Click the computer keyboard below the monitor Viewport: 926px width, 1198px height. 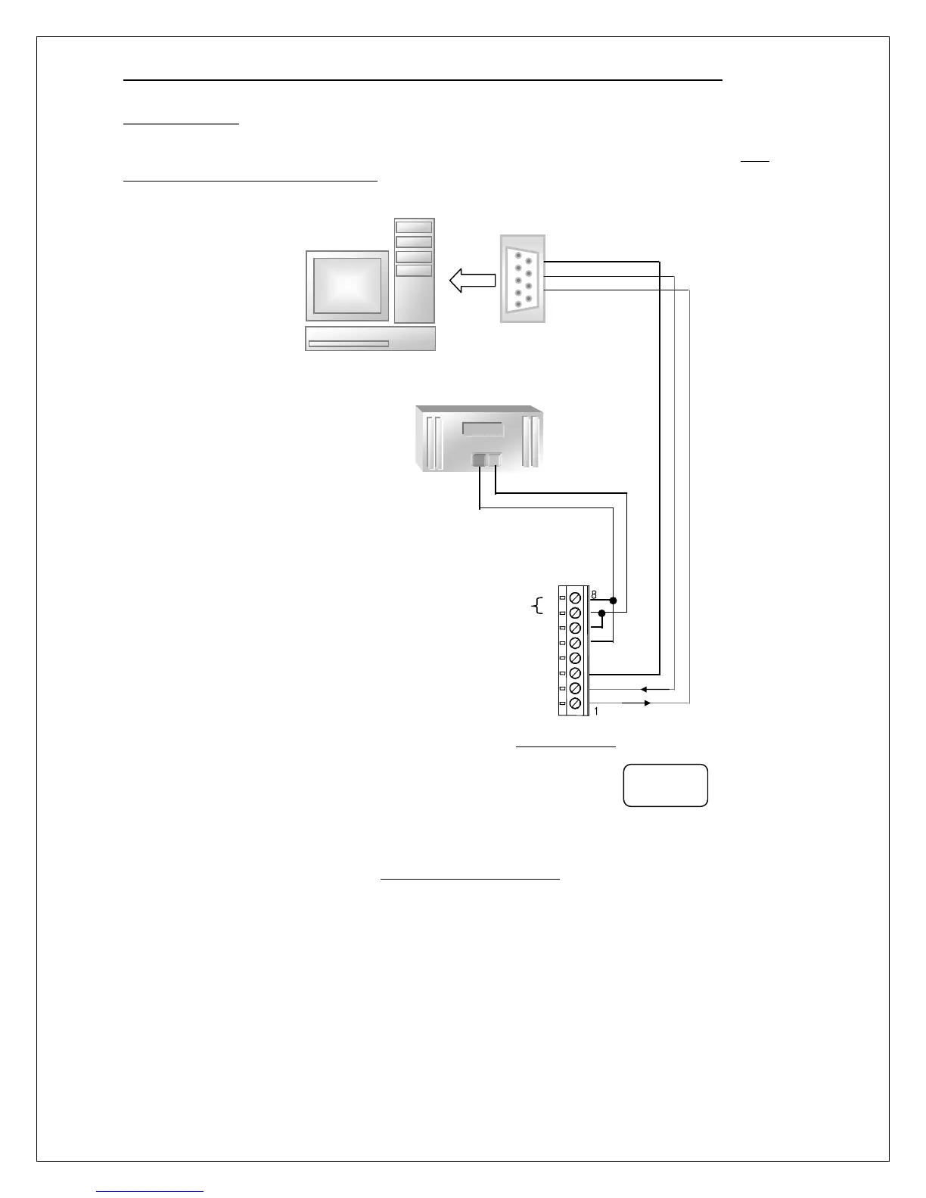pos(371,339)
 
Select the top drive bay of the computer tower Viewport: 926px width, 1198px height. pos(414,227)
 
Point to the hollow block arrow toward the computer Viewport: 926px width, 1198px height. pos(471,281)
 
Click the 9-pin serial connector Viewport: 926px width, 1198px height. pos(522,279)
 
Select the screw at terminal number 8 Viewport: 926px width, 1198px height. pos(575,597)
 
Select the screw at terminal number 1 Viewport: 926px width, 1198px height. pos(575,704)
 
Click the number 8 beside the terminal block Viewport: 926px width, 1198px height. pos(594,595)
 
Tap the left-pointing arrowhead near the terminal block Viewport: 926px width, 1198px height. pos(643,689)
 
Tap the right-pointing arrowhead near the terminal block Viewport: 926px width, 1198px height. pos(646,703)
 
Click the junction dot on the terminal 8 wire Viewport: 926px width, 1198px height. pos(613,601)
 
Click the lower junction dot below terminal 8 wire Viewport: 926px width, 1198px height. pos(601,613)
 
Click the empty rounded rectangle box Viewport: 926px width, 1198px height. pos(665,785)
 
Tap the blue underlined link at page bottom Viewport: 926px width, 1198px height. pos(151,1190)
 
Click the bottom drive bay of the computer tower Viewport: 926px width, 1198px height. pos(414,271)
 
